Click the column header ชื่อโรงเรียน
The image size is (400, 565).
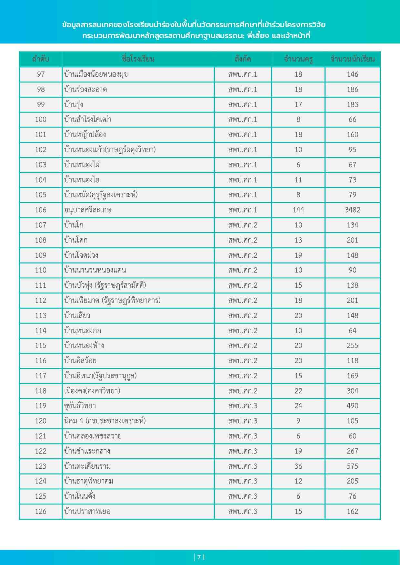click(x=138, y=59)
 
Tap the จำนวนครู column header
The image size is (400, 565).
click(x=298, y=59)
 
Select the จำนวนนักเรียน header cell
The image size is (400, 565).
click(x=352, y=59)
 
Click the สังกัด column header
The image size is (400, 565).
click(x=243, y=59)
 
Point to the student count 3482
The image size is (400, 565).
click(x=352, y=210)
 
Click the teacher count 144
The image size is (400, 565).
click(x=298, y=210)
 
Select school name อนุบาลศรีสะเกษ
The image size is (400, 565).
click(x=88, y=210)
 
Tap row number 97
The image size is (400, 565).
click(x=41, y=74)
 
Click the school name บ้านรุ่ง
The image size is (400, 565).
click(x=74, y=105)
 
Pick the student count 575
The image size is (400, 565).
click(x=352, y=466)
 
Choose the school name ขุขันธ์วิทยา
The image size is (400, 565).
click(x=80, y=406)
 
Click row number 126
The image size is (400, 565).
click(x=41, y=511)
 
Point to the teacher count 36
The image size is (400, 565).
click(x=298, y=466)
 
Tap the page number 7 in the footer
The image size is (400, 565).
click(x=199, y=557)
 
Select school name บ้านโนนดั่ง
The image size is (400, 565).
click(x=80, y=496)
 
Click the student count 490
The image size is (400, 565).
click(x=352, y=406)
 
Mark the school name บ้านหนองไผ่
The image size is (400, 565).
click(x=82, y=165)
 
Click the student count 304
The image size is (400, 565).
click(x=352, y=391)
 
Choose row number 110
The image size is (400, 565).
click(x=41, y=270)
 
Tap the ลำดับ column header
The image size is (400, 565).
click(x=41, y=59)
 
